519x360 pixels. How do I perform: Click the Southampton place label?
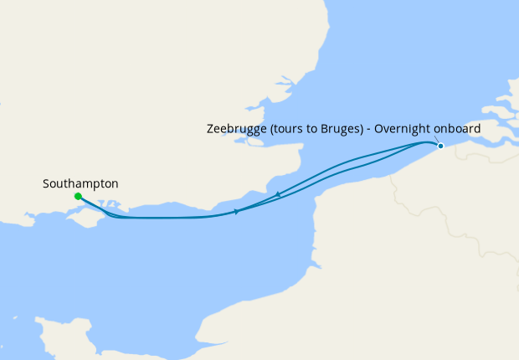(80, 183)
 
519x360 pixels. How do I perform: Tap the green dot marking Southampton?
(78, 197)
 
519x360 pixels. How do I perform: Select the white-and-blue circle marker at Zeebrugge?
(440, 146)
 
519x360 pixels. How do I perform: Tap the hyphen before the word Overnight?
(368, 130)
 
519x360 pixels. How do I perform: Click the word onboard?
(457, 130)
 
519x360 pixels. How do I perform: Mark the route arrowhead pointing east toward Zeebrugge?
(237, 212)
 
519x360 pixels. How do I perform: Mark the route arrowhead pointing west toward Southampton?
(277, 195)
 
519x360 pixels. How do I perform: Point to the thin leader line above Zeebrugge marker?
(436, 140)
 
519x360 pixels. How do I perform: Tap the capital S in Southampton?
(46, 183)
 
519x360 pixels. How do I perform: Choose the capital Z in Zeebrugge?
(210, 130)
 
